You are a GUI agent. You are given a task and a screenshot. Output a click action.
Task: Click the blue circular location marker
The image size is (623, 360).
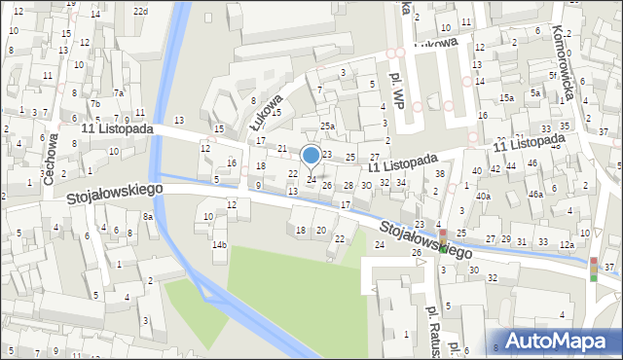[x=311, y=155]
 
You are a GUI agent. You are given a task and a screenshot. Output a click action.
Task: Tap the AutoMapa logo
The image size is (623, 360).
[x=560, y=341]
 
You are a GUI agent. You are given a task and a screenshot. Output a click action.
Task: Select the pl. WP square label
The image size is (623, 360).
[x=397, y=87]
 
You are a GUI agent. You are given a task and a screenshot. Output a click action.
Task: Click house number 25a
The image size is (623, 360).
[x=328, y=126]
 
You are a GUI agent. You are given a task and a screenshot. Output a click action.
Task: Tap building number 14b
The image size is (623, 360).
[x=220, y=244]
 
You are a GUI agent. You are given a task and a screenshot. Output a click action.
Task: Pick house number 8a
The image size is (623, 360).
[x=148, y=216]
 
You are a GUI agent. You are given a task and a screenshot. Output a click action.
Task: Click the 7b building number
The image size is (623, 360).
[x=94, y=104]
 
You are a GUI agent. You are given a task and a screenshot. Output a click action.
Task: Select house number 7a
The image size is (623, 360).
[x=119, y=93]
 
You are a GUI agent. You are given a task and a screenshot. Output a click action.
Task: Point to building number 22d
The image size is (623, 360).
[x=141, y=11]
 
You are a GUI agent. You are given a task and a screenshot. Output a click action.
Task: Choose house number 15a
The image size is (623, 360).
[x=506, y=98]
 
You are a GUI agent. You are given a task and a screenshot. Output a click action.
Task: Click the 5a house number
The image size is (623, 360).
[x=535, y=93]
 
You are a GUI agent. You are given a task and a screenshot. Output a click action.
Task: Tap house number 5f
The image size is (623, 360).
[x=553, y=75]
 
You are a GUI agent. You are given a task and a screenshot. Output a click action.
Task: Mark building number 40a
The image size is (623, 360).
[x=483, y=197]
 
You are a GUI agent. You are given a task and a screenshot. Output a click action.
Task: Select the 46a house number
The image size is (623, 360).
[x=535, y=195]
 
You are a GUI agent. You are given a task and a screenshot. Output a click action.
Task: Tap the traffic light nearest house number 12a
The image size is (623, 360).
[x=594, y=269]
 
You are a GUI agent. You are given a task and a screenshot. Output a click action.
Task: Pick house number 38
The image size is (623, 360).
[x=439, y=174]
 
